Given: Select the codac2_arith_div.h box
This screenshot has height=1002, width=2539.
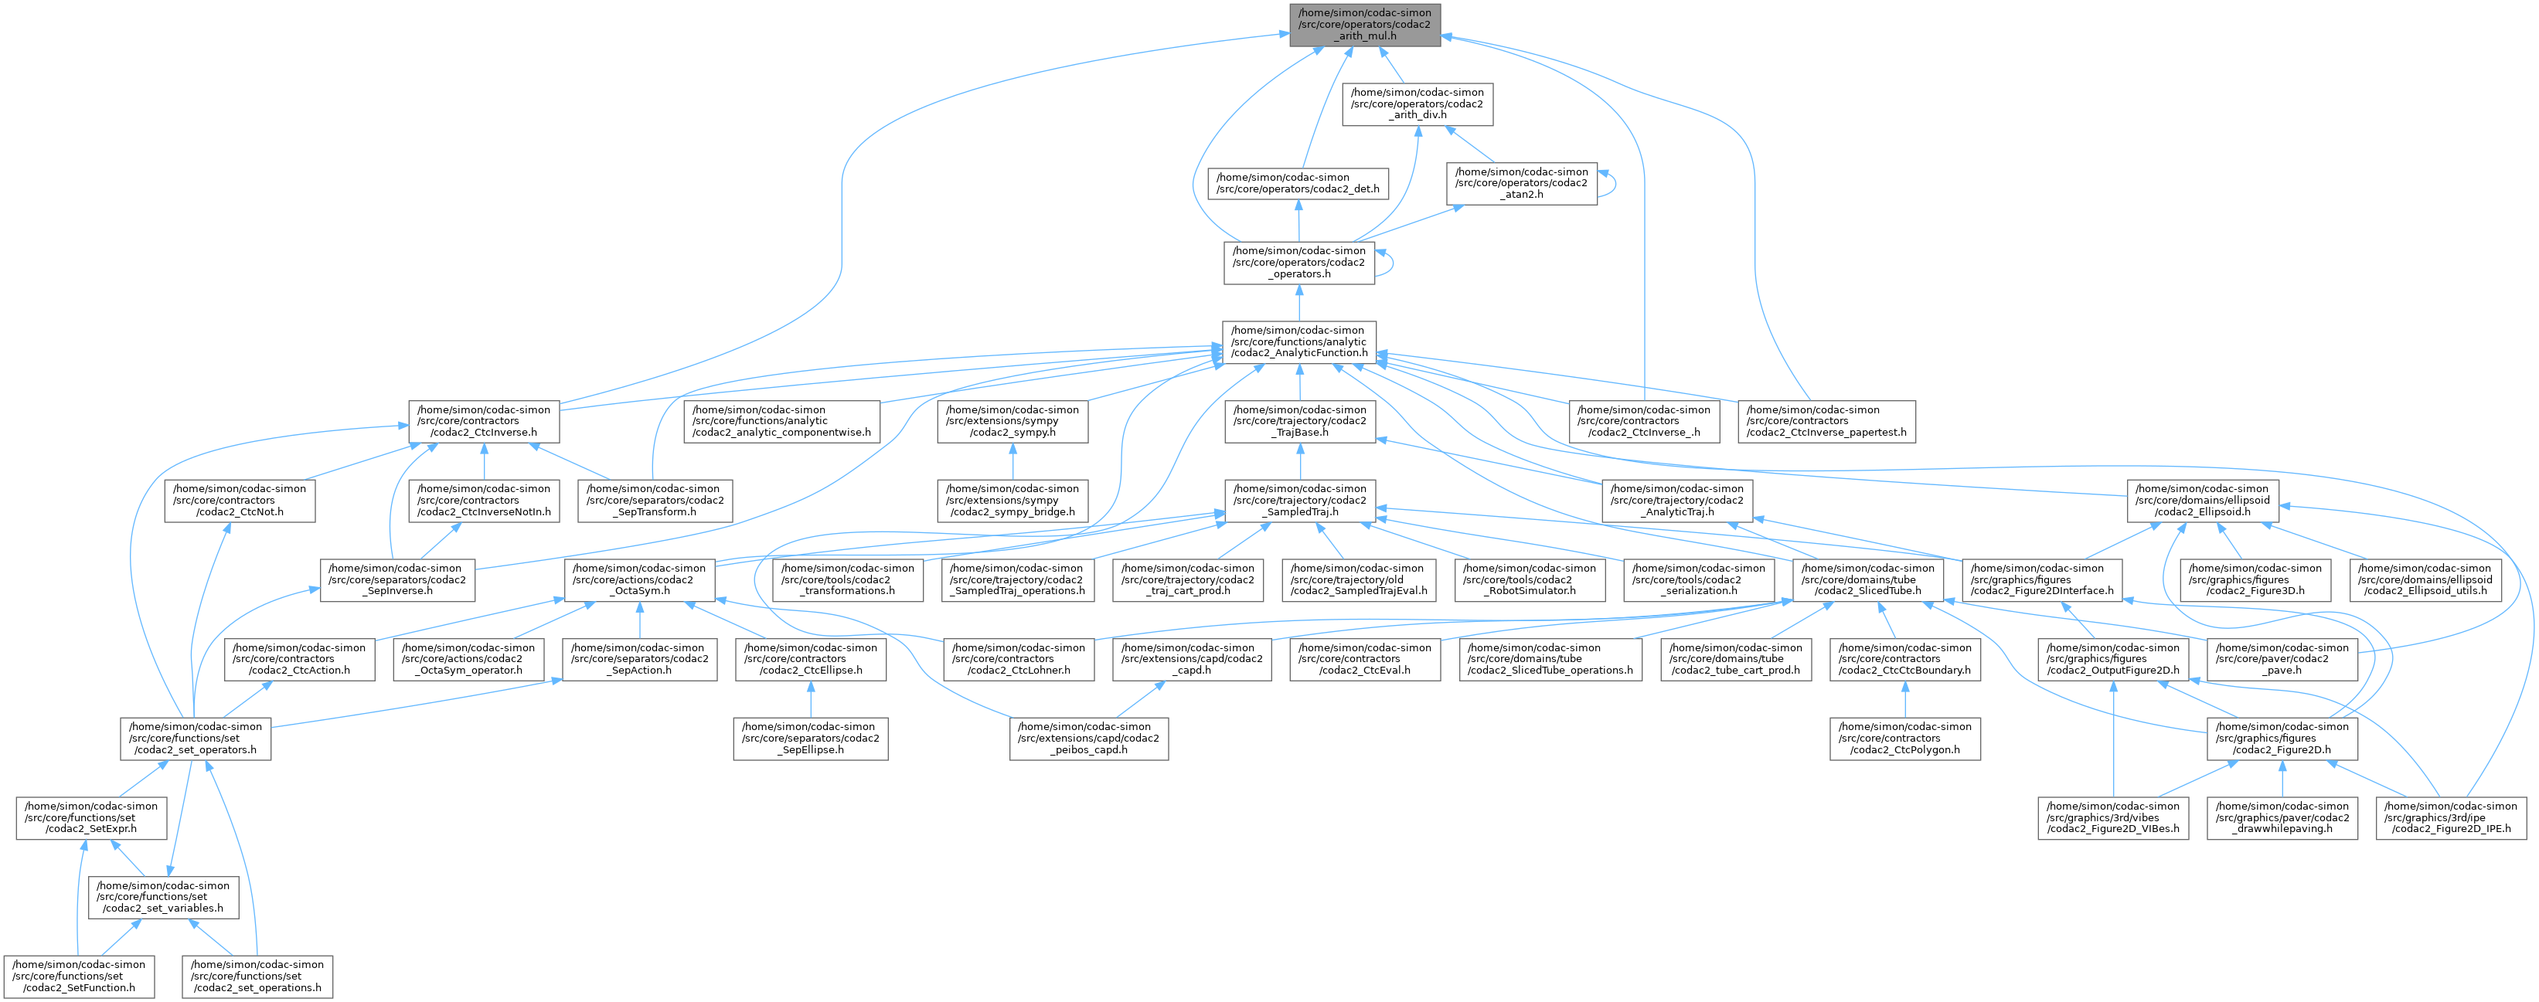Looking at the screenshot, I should pos(1418,104).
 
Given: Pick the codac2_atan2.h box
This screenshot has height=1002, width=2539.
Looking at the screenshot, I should pos(1521,183).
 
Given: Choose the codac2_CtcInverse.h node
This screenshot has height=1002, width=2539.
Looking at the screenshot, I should pos(484,421).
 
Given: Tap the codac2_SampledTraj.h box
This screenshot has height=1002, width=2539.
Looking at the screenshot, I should pos(1299,501).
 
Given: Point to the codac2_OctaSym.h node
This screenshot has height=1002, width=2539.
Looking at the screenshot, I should pos(642,579).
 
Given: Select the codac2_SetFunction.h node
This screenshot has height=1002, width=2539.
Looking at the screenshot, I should pos(77,976).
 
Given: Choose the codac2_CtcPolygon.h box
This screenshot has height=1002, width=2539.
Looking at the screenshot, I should pos(1904,738).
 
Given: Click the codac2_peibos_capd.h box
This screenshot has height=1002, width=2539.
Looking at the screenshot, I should pos(1088,738).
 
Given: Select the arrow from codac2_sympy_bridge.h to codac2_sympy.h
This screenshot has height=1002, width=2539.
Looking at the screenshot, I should pos(1013,461).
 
